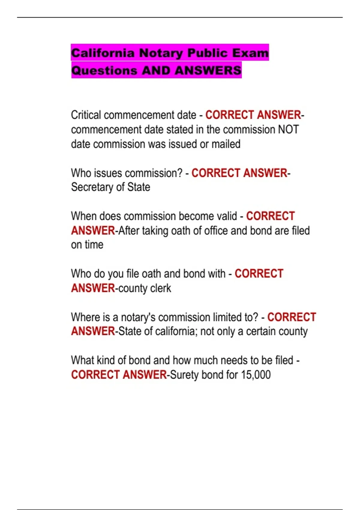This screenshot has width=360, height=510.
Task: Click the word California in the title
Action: click(x=103, y=53)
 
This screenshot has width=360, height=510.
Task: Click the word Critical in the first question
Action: click(x=86, y=115)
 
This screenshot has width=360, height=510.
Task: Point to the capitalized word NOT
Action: click(x=288, y=130)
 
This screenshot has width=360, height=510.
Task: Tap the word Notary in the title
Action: click(x=161, y=53)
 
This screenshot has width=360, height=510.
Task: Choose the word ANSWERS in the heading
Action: click(x=208, y=70)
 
